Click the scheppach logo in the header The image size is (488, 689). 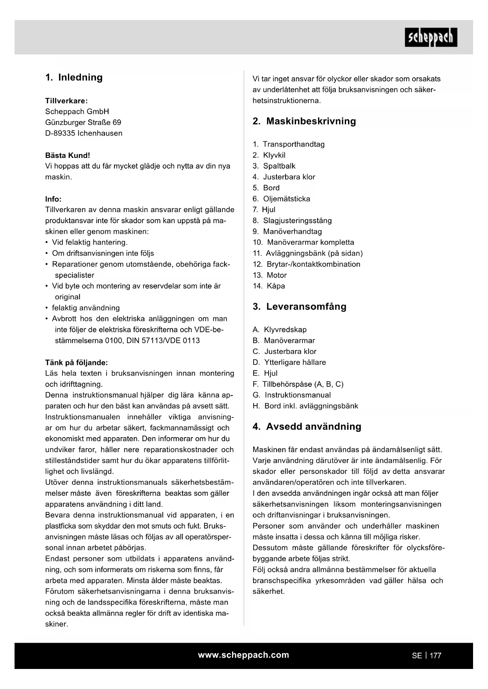coord(431,38)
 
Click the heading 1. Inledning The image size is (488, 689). coord(74,77)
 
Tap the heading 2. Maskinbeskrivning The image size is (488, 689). coord(304,121)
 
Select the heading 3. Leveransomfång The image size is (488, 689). coord(299,306)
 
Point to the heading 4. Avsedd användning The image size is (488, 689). coord(307,427)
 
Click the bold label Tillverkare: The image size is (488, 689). coord(66,101)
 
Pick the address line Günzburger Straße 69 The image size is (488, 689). coord(83,122)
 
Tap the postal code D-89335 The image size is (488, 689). coord(60,133)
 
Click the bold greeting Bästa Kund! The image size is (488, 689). coord(68,155)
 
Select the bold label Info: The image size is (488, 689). coord(53,199)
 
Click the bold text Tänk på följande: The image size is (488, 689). coord(76,362)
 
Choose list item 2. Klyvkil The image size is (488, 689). coord(269,155)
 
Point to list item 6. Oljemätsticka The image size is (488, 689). coord(281,199)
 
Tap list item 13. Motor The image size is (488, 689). coord(270,275)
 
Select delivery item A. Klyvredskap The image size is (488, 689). coord(280,330)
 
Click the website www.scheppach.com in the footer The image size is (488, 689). coord(243,655)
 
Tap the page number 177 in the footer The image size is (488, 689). coord(435,656)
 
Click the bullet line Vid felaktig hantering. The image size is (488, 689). coord(90,242)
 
